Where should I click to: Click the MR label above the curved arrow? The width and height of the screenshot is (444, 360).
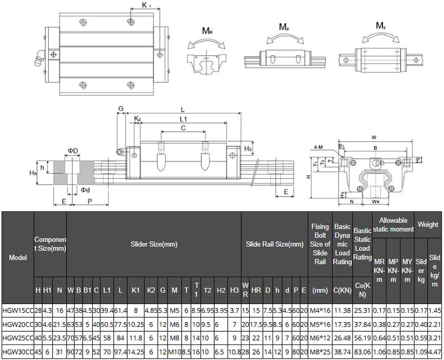(x=207, y=32)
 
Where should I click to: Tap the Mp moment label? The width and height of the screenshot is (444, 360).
(x=283, y=27)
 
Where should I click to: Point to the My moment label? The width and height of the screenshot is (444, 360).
(x=381, y=26)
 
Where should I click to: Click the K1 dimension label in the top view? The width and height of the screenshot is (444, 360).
(x=147, y=6)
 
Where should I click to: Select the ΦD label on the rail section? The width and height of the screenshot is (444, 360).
(x=73, y=151)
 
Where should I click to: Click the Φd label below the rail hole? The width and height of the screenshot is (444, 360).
(x=84, y=190)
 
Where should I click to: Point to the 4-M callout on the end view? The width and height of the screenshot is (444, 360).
(x=318, y=147)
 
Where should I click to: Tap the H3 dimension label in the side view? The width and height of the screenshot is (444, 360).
(x=248, y=148)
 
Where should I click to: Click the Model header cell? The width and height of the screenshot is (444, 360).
(x=17, y=257)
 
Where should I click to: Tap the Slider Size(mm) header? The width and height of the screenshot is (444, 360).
(x=154, y=244)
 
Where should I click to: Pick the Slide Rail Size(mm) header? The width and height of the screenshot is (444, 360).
(x=274, y=244)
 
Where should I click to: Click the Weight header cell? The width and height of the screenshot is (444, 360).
(x=428, y=224)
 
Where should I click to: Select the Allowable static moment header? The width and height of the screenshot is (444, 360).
(x=393, y=224)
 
